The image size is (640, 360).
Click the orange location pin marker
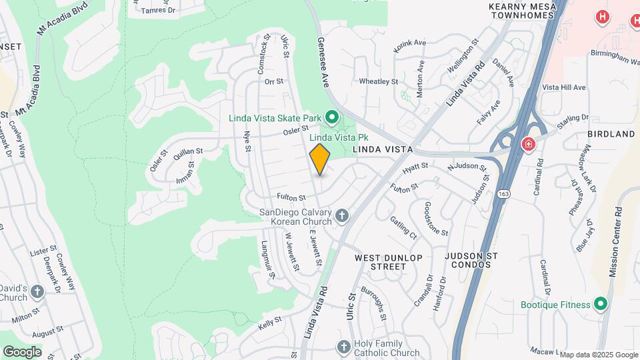click(320, 159)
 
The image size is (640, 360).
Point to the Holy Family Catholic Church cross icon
click(343, 347)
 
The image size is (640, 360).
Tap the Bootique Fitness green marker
click(601, 305)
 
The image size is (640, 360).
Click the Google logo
click(22, 351)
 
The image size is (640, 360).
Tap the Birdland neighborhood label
click(611, 134)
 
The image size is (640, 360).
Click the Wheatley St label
click(378, 81)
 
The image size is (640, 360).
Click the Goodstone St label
click(436, 219)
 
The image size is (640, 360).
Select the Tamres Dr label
click(158, 11)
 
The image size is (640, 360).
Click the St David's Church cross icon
click(37, 291)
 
